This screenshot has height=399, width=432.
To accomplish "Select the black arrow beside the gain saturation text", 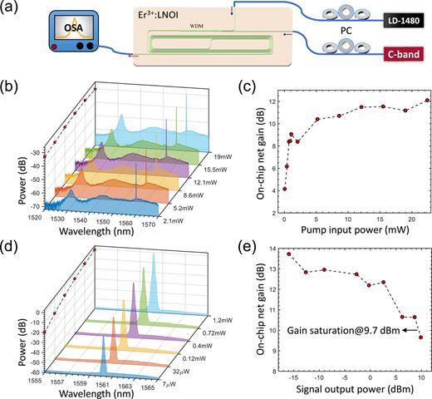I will click(x=407, y=329).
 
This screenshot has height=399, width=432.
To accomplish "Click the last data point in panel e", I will click(x=420, y=337).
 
